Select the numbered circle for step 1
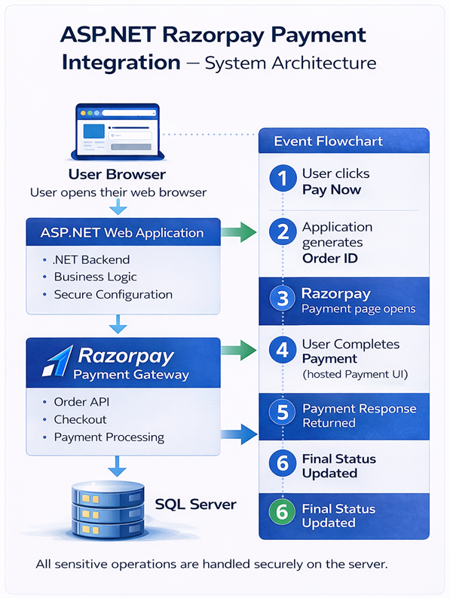click(283, 180)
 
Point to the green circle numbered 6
click(283, 514)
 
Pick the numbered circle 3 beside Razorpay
click(283, 299)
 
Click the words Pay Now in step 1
click(332, 189)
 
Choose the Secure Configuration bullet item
click(113, 294)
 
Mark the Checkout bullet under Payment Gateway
click(80, 419)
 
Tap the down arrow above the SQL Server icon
click(117, 465)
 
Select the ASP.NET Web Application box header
click(122, 232)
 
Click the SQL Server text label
click(196, 503)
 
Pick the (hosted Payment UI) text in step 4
click(350, 375)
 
